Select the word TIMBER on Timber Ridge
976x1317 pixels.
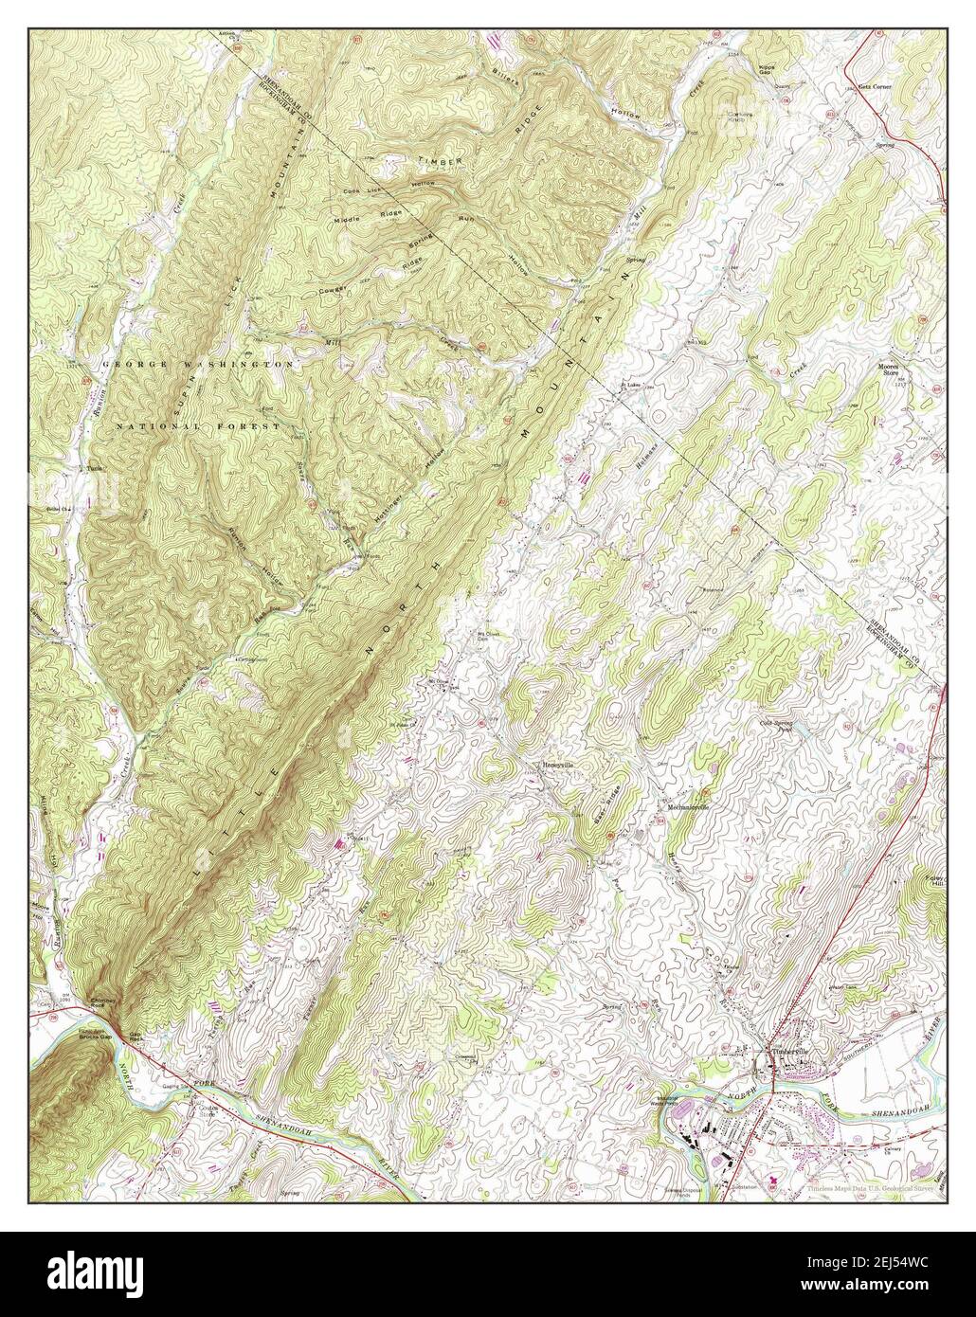[x=443, y=162]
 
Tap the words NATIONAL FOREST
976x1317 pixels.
[x=197, y=427]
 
